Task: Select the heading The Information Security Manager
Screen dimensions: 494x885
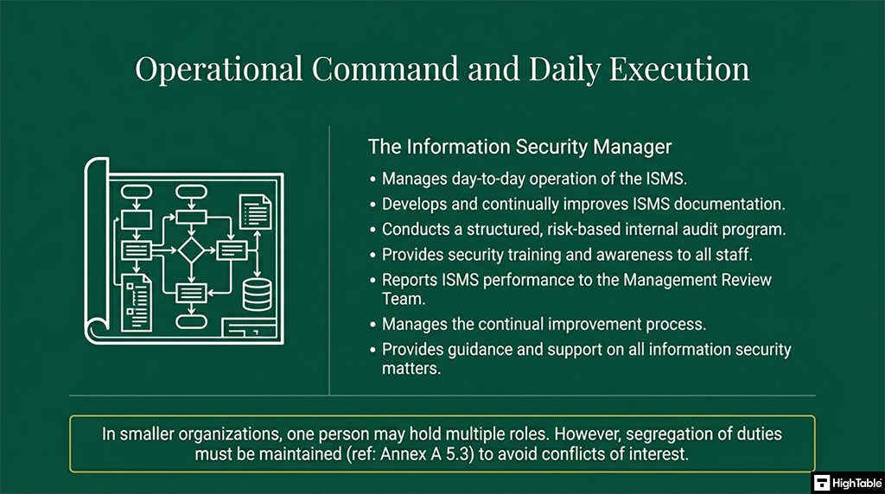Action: tap(519, 147)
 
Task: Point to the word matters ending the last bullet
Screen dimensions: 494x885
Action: tap(411, 368)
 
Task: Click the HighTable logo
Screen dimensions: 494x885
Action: tap(847, 482)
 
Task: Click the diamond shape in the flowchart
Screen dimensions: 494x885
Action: tap(190, 250)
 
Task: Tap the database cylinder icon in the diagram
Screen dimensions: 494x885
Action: tap(257, 294)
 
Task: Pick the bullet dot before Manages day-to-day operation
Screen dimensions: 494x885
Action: tap(372, 180)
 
